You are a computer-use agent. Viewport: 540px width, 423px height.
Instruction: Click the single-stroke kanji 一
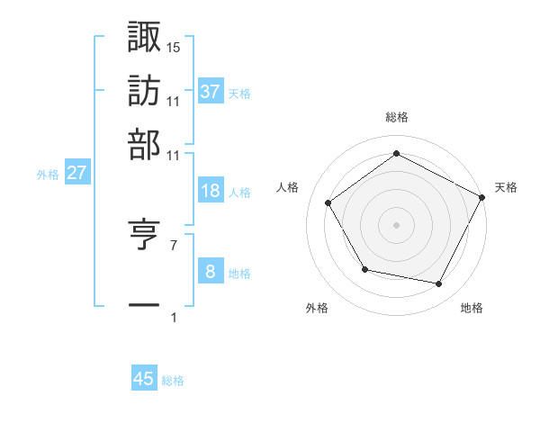[x=145, y=305]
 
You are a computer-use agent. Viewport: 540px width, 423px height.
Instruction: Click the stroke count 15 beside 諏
[x=174, y=47]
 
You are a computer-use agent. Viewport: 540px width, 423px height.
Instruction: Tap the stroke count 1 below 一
[x=173, y=318]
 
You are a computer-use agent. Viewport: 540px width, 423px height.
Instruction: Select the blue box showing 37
[x=211, y=91]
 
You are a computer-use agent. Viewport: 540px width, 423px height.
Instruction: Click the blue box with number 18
[x=211, y=191]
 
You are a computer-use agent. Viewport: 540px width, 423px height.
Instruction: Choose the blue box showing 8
[x=211, y=272]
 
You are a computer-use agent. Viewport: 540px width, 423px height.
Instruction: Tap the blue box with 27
[x=76, y=173]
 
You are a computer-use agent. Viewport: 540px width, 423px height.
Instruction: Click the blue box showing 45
[x=144, y=379]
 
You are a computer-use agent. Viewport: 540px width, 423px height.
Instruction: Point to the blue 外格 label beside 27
[x=48, y=175]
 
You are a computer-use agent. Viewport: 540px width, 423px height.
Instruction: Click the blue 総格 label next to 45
[x=173, y=381]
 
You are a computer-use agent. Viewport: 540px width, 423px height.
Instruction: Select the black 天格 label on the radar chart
[x=507, y=187]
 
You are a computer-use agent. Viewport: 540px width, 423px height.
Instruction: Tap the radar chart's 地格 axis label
[x=472, y=308]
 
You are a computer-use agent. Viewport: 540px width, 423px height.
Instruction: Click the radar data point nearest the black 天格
[x=482, y=196]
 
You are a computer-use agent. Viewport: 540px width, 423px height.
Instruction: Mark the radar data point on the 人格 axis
[x=328, y=202]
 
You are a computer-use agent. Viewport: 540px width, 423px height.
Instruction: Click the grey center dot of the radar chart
[x=396, y=224]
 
